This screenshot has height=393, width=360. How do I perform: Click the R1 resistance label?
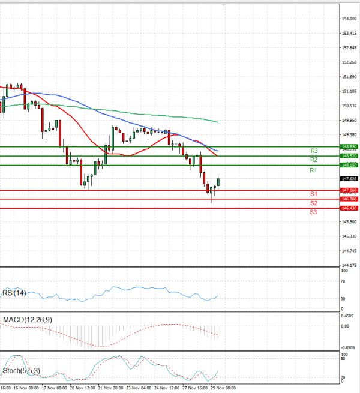(x=313, y=171)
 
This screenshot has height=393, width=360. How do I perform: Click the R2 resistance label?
(x=313, y=160)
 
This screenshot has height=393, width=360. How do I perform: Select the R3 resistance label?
(x=313, y=151)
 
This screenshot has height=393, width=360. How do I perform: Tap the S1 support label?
(x=313, y=194)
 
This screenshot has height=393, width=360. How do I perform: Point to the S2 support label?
(x=313, y=203)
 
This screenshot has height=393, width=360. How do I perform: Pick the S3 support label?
(x=313, y=212)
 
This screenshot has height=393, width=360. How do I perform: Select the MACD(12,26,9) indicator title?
(x=27, y=320)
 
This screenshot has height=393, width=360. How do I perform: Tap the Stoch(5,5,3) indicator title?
(x=22, y=371)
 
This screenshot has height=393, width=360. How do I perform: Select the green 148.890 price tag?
(x=349, y=146)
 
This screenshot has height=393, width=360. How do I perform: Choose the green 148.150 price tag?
(x=349, y=165)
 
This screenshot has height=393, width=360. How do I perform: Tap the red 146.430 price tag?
(x=349, y=208)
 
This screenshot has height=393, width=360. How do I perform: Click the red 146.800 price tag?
(x=349, y=199)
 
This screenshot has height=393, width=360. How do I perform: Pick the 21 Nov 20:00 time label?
(x=111, y=388)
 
